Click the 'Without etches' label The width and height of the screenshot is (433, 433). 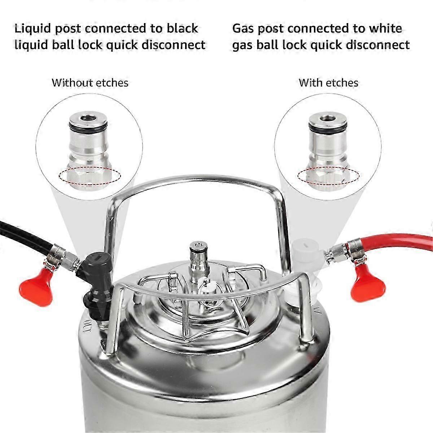coord(90,83)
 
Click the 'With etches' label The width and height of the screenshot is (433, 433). coord(328,83)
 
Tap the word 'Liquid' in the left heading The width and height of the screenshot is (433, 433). coord(33,29)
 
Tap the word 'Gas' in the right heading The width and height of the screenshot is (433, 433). coord(244,29)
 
